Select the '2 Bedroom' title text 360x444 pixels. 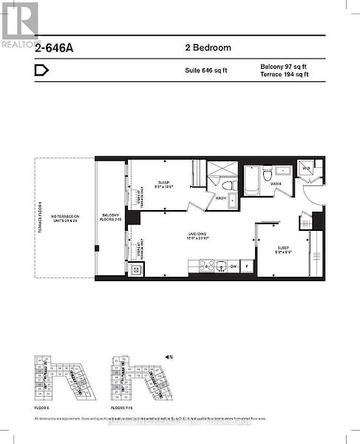click(x=208, y=47)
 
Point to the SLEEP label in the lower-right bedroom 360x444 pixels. click(x=282, y=249)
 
